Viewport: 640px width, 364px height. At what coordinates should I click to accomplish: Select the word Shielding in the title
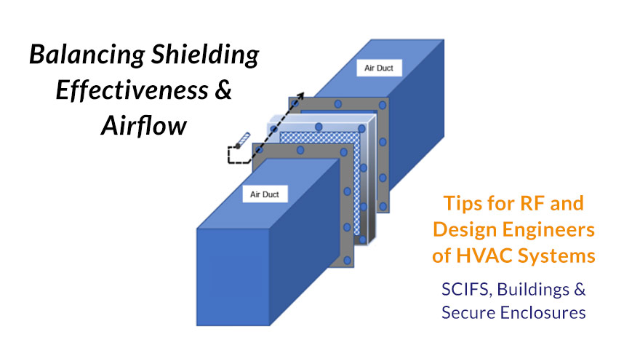[205, 55]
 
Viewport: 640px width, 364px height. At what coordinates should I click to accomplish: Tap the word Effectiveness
[132, 90]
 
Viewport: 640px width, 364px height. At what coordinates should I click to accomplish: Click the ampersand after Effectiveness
[223, 90]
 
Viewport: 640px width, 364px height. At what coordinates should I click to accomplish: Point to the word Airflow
[144, 125]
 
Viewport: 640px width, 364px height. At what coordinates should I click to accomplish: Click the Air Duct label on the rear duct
[379, 68]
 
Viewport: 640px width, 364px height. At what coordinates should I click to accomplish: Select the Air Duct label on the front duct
[265, 194]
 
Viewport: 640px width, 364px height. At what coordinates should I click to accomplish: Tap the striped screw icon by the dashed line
[242, 140]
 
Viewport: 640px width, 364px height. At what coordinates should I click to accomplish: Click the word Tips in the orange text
[458, 204]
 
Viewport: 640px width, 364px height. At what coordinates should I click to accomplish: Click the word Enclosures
[543, 313]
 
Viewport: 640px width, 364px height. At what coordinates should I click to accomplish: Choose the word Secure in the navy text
[468, 313]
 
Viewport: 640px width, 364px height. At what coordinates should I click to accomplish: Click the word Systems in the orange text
[556, 257]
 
